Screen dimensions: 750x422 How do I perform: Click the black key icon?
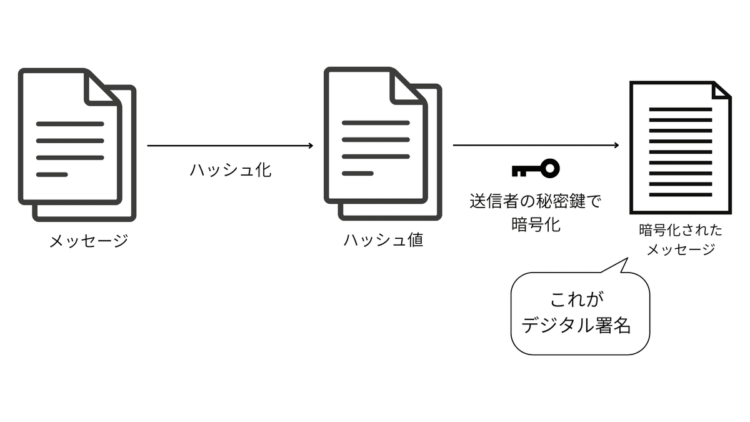[x=535, y=168]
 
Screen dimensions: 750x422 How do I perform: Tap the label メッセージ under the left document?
[x=88, y=241]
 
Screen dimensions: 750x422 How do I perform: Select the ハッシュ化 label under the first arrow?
[x=230, y=170]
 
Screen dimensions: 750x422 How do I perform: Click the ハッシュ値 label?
[x=383, y=241]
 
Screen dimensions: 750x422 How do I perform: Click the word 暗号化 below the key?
[x=535, y=224]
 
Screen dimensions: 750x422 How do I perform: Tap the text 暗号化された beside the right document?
[x=680, y=230]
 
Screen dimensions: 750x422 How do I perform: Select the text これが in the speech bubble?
[x=577, y=299]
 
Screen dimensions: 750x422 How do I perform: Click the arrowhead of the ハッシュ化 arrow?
[x=309, y=146]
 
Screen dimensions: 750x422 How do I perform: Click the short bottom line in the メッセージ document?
[x=52, y=174]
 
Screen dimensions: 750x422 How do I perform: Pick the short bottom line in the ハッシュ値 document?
[x=357, y=173]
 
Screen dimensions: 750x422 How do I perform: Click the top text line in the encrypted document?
[x=680, y=109]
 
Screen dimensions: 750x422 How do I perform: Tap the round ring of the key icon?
[x=550, y=168]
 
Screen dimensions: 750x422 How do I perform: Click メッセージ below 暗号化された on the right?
[x=680, y=249]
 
